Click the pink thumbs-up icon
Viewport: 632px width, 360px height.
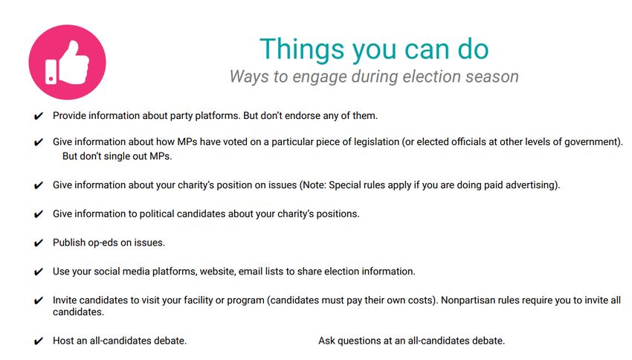pos(68,62)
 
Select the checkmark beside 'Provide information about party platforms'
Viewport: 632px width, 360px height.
pos(38,117)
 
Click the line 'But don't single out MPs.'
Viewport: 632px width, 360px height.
pos(117,156)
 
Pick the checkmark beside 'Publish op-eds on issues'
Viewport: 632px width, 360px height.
pos(38,243)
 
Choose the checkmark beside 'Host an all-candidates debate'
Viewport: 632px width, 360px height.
pos(38,341)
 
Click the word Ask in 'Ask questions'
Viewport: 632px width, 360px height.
pos(326,341)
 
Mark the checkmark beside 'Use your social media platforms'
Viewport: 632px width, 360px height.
pos(38,272)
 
